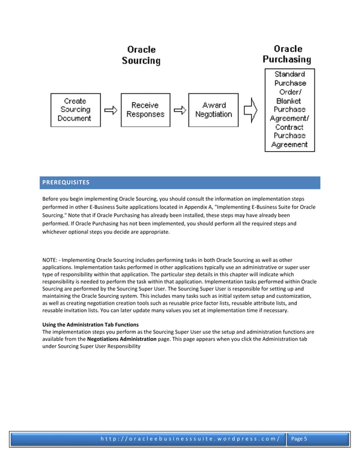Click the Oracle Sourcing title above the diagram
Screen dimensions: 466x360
point(141,55)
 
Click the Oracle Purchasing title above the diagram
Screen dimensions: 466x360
point(288,54)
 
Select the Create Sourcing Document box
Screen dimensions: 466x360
point(75,110)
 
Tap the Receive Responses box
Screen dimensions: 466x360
point(144,110)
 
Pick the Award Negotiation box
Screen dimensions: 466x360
point(213,110)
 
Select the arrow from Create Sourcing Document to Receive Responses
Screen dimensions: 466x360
point(111,110)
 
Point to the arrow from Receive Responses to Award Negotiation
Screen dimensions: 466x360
point(179,110)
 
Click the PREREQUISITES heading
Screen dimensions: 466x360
point(65,183)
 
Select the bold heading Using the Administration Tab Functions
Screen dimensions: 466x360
point(90,324)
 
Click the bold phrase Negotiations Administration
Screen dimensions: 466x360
point(120,339)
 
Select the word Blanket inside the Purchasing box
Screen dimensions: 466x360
point(289,100)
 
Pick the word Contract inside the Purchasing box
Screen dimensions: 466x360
point(289,127)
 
